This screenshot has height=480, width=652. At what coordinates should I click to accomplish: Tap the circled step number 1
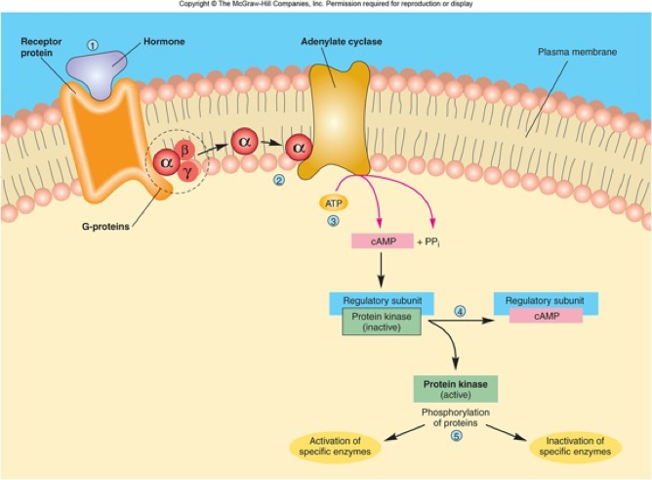[94, 44]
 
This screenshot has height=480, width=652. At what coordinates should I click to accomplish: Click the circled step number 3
[333, 222]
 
